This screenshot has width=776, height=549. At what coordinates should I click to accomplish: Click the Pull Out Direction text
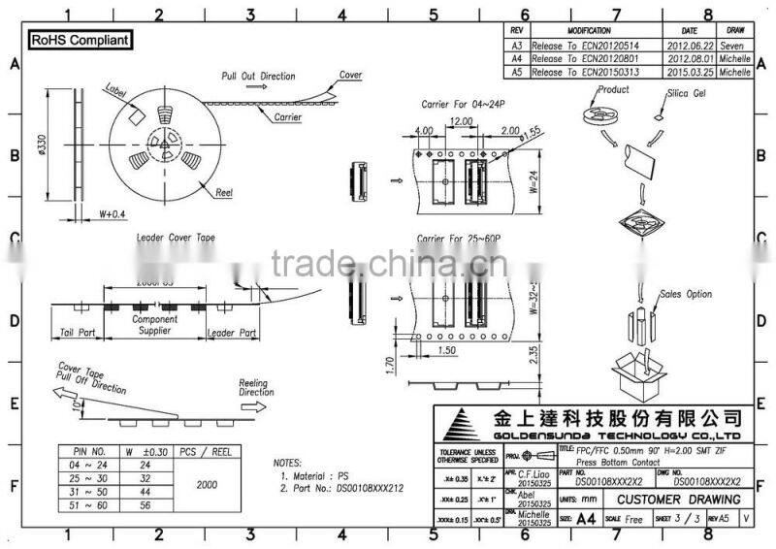pos(257,76)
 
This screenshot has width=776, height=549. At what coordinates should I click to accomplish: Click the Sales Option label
pos(686,294)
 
